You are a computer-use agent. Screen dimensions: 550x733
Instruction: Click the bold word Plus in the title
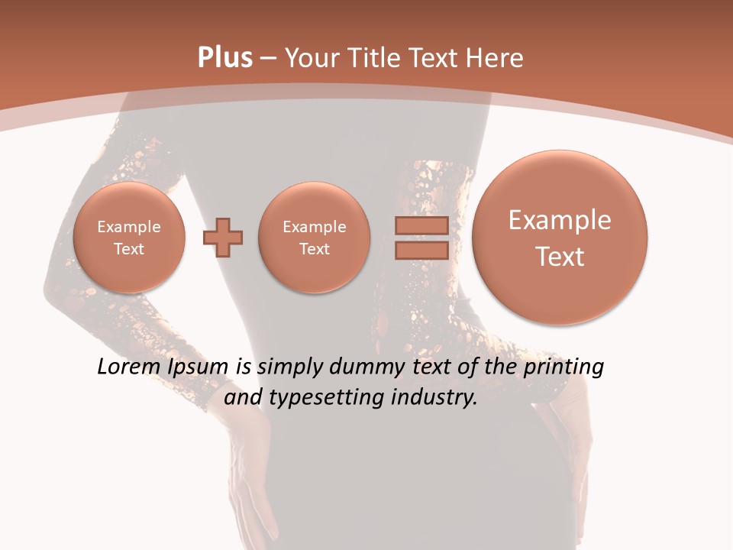224,58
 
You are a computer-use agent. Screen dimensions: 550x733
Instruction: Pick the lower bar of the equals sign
421,249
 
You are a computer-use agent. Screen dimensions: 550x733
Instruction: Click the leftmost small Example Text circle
128,237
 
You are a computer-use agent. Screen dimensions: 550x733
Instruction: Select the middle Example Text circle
314,237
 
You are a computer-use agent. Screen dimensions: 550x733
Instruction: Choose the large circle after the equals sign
560,238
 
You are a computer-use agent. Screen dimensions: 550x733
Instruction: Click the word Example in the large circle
560,220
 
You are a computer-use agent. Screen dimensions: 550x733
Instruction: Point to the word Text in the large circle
560,257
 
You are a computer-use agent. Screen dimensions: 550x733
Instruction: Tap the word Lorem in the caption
131,367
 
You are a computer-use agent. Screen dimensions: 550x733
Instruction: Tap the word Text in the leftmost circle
128,249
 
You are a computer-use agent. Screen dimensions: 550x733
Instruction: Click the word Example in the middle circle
314,227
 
